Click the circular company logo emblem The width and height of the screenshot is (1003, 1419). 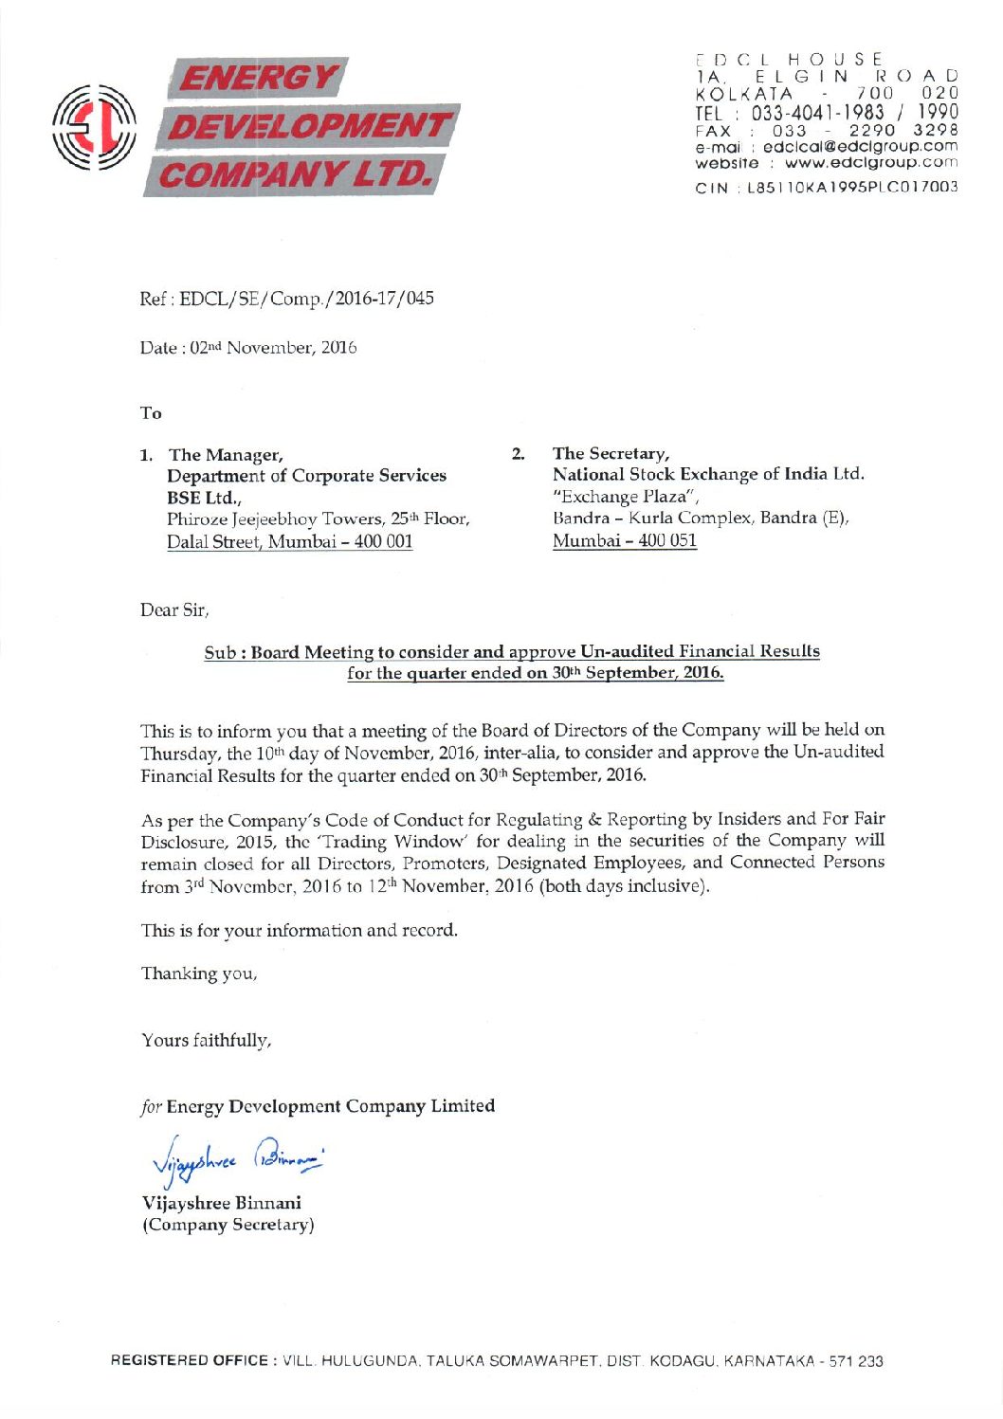(96, 128)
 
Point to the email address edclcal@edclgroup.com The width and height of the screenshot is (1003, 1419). (860, 147)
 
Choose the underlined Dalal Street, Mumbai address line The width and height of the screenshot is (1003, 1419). (289, 542)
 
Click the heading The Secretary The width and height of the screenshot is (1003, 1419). (611, 454)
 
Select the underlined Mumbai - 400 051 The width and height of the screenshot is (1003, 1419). (625, 541)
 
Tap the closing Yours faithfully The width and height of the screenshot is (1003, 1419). (207, 1041)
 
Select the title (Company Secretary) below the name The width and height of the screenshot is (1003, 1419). (228, 1225)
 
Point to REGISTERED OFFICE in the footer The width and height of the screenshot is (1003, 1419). (190, 1361)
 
